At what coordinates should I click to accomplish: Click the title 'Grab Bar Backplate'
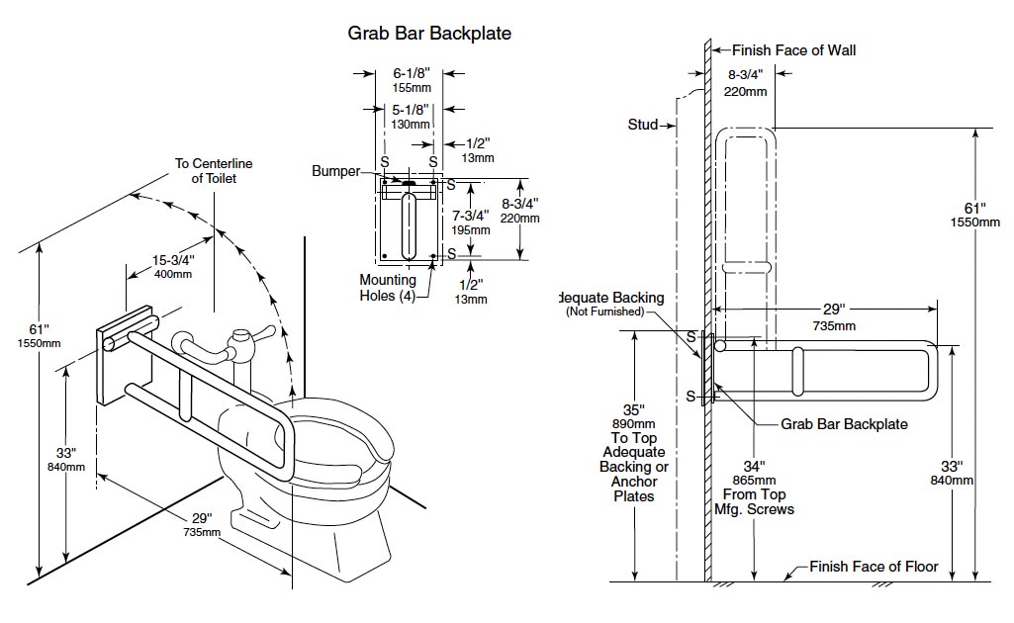click(429, 33)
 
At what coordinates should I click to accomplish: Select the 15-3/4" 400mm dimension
click(173, 266)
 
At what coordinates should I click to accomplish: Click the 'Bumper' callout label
click(336, 171)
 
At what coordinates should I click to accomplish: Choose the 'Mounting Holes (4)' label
click(388, 287)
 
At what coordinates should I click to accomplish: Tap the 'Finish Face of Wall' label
click(793, 50)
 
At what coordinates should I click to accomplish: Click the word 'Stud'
click(643, 125)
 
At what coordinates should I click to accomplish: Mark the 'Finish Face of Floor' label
click(874, 568)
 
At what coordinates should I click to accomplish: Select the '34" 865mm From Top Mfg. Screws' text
click(754, 487)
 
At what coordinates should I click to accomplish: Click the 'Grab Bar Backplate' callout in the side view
click(844, 424)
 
